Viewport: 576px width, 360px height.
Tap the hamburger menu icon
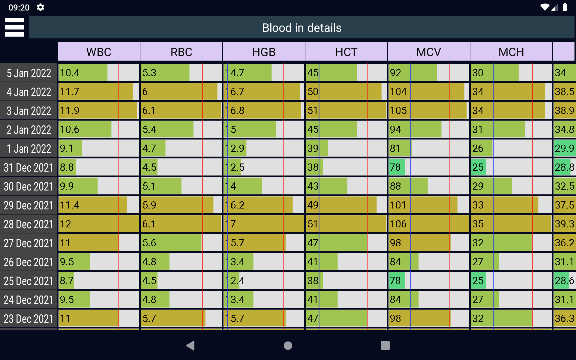coord(14,27)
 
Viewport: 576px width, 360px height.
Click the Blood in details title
coord(301,28)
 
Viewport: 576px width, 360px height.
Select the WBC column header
coord(99,52)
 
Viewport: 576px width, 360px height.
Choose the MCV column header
coord(428,52)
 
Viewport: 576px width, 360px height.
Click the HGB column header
coord(264,52)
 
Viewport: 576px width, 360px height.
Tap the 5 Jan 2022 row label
coord(29,73)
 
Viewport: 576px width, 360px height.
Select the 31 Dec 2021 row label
coord(29,167)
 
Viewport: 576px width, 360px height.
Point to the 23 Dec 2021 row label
coord(29,319)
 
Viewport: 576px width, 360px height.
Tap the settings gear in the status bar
coord(40,7)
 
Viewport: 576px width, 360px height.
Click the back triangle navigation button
coord(190,346)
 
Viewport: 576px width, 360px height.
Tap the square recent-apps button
coord(385,346)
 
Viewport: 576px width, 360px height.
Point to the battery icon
coord(565,7)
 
